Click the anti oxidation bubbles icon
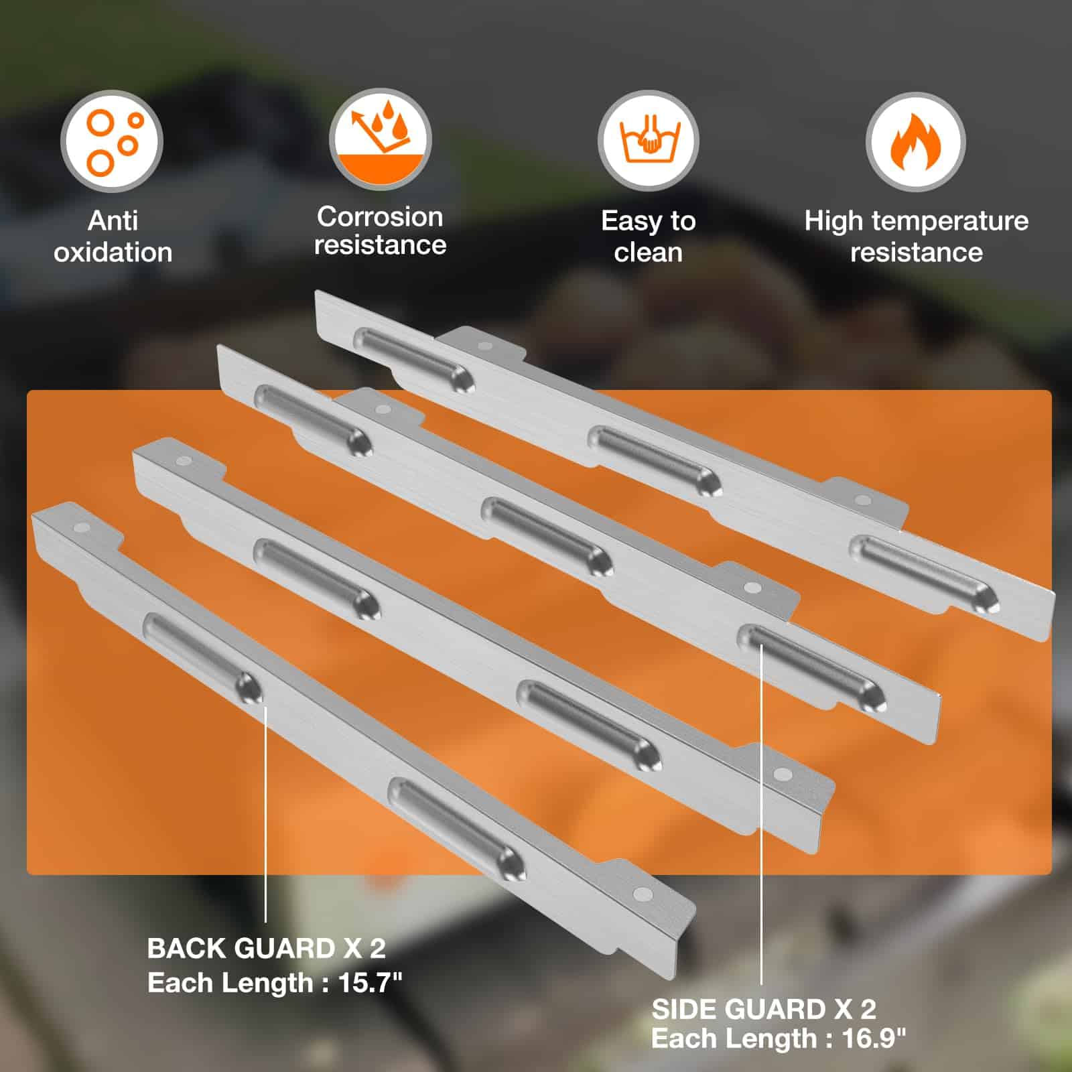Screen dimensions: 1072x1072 pos(112,141)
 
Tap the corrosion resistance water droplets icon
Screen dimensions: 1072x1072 pos(380,139)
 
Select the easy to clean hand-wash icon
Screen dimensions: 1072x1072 pos(648,141)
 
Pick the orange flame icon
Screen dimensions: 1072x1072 pos(916,141)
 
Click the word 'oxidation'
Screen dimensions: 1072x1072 pos(113,253)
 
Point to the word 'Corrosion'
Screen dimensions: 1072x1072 pos(380,216)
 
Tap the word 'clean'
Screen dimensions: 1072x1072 pos(648,253)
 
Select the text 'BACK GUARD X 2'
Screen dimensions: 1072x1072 pos(266,948)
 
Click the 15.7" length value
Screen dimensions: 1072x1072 pos(370,983)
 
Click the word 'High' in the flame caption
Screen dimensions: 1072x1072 pos(831,222)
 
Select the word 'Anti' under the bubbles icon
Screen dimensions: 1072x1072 pos(113,220)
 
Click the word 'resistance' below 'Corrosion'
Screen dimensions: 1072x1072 pos(380,245)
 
